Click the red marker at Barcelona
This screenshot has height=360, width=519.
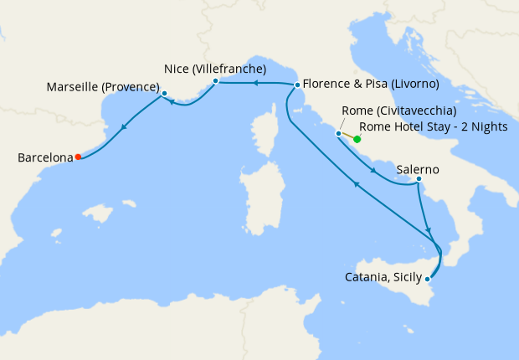pyautogui.click(x=78, y=156)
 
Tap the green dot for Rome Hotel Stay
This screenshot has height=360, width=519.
pyautogui.click(x=357, y=140)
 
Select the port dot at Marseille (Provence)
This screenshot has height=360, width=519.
pyautogui.click(x=164, y=93)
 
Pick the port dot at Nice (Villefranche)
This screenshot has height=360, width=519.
pyautogui.click(x=215, y=81)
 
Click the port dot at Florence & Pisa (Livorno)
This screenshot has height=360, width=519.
pyautogui.click(x=297, y=85)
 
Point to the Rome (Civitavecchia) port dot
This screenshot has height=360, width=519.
pyautogui.click(x=338, y=133)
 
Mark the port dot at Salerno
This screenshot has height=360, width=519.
pyautogui.click(x=418, y=178)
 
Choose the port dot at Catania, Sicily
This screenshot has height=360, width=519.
pyautogui.click(x=429, y=278)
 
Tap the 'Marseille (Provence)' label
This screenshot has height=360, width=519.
pyautogui.click(x=103, y=87)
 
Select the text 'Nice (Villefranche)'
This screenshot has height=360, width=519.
pyautogui.click(x=214, y=69)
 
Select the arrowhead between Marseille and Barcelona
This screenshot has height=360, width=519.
pyautogui.click(x=125, y=127)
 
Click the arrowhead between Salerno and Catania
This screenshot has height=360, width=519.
pyautogui.click(x=429, y=229)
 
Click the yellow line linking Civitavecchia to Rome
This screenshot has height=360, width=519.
pyautogui.click(x=347, y=136)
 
